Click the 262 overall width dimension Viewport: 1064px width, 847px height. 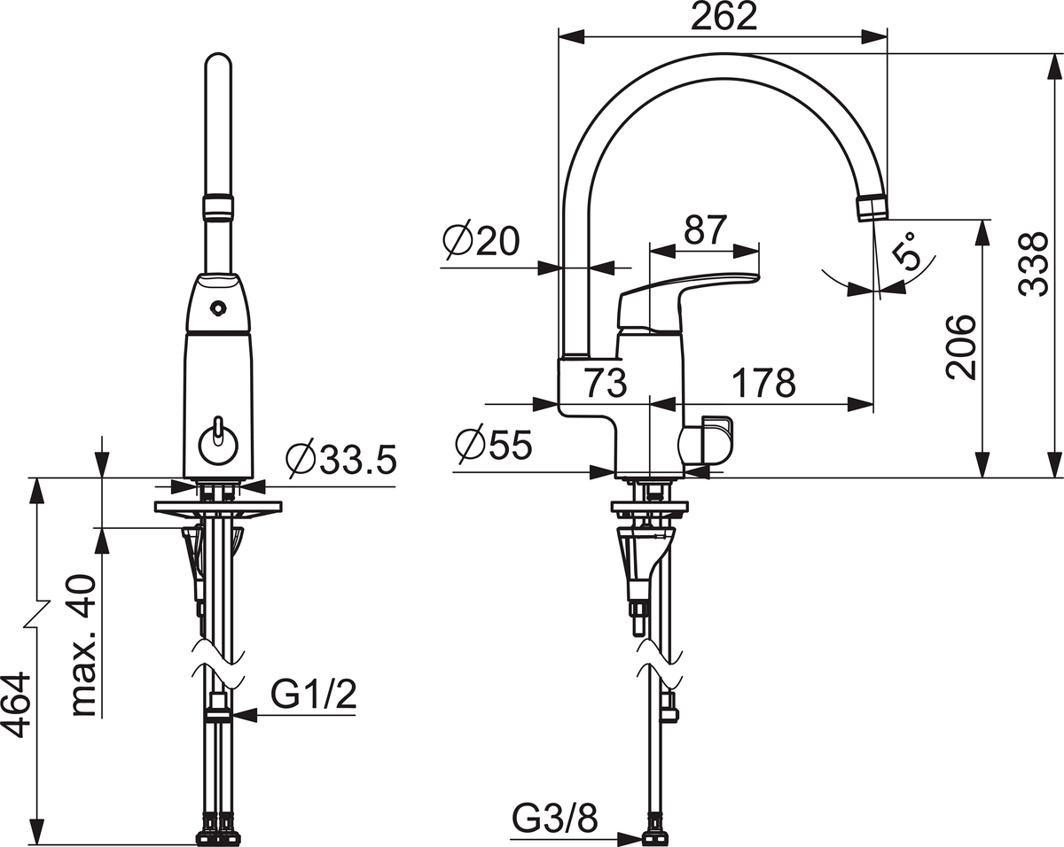[724, 17]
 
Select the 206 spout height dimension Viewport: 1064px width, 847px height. [961, 347]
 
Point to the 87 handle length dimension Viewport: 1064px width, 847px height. [705, 229]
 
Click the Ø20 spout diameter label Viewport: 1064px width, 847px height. [481, 241]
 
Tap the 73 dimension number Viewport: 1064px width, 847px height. [606, 382]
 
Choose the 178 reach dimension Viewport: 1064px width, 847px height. [763, 382]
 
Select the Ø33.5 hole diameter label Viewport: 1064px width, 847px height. [341, 459]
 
